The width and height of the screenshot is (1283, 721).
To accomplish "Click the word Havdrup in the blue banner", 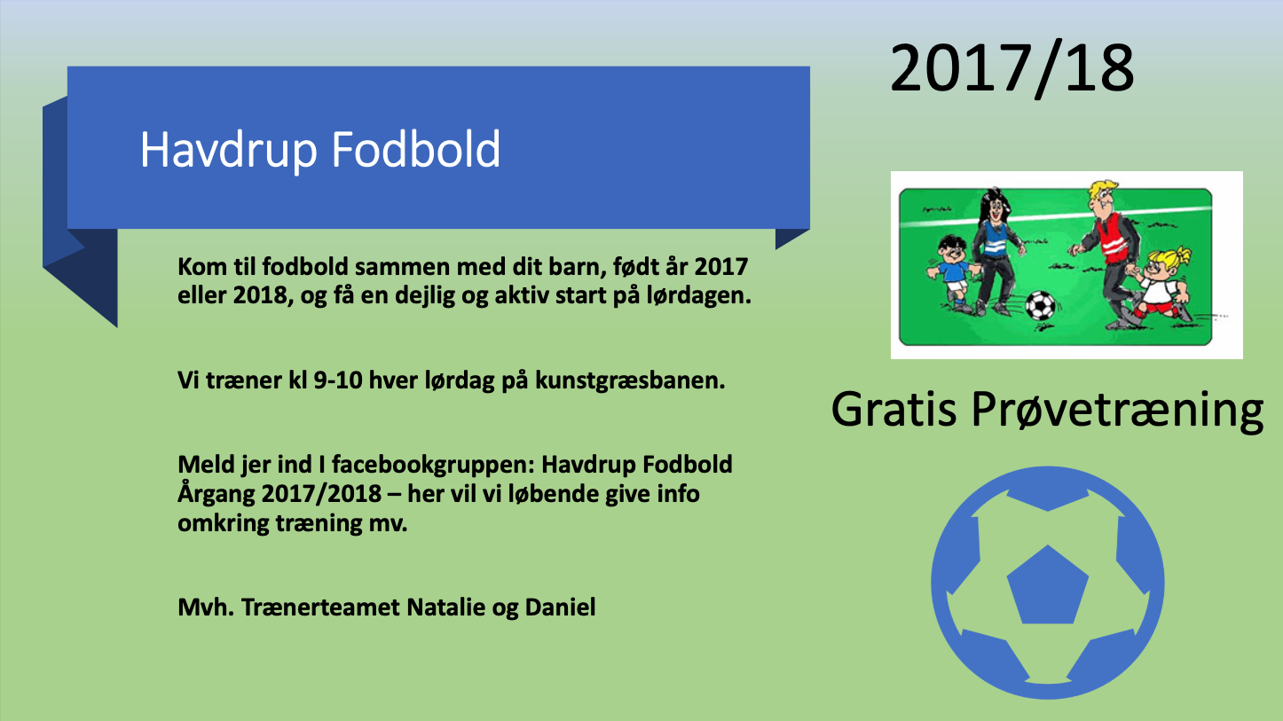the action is coord(229,150).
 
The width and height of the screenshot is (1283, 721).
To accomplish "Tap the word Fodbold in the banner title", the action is coord(416,148).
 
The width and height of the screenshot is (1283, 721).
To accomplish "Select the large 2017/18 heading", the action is coord(1012,68).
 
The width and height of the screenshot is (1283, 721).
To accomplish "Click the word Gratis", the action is coord(894,409).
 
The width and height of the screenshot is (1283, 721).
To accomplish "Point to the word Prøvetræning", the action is coord(1118,411).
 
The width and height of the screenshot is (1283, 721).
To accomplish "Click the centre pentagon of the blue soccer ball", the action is coord(1048,585).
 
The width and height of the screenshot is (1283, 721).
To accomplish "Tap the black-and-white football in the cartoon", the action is coord(1040,306).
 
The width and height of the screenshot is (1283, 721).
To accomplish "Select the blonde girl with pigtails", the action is coord(1161,285).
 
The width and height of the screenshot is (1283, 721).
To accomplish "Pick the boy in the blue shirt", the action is coord(953,272).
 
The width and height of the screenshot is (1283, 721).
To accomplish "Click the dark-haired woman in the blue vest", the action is coord(996,251).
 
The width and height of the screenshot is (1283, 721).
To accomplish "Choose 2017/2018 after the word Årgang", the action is coord(321,494).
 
